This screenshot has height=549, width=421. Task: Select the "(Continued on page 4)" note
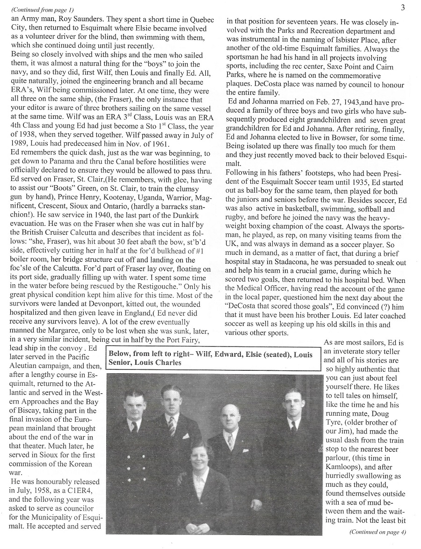[377, 531]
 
